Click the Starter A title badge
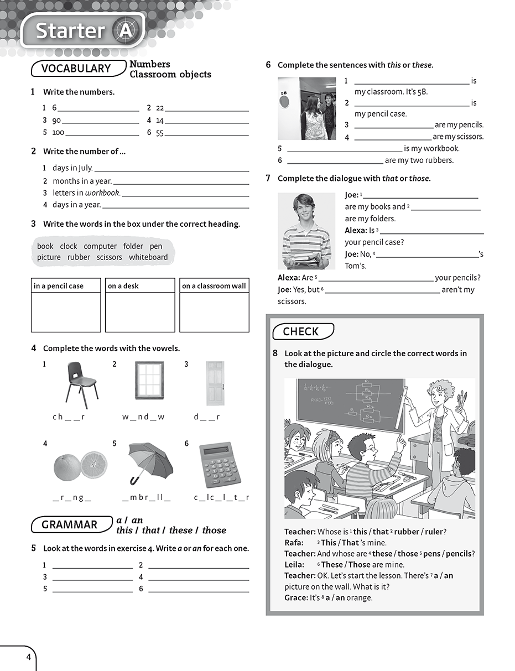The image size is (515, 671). tap(83, 31)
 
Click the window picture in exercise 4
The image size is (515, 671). tap(149, 380)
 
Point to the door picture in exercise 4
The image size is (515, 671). tap(215, 383)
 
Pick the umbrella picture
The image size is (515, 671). tap(150, 462)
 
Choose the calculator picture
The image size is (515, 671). tap(220, 465)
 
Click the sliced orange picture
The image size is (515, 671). tap(80, 466)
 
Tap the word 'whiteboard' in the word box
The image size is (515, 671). tap(148, 257)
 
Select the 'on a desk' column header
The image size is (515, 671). tap(123, 286)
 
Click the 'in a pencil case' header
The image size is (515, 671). tap(59, 286)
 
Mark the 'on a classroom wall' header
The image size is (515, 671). tap(214, 286)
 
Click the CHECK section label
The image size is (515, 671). tap(301, 331)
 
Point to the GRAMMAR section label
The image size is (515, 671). tap(70, 525)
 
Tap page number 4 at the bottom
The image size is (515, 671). tap(28, 658)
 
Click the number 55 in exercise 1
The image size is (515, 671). tap(160, 133)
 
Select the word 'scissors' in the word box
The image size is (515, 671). tap(109, 257)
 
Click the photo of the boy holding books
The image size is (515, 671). tap(306, 231)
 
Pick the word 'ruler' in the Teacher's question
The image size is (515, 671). tap(434, 532)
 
